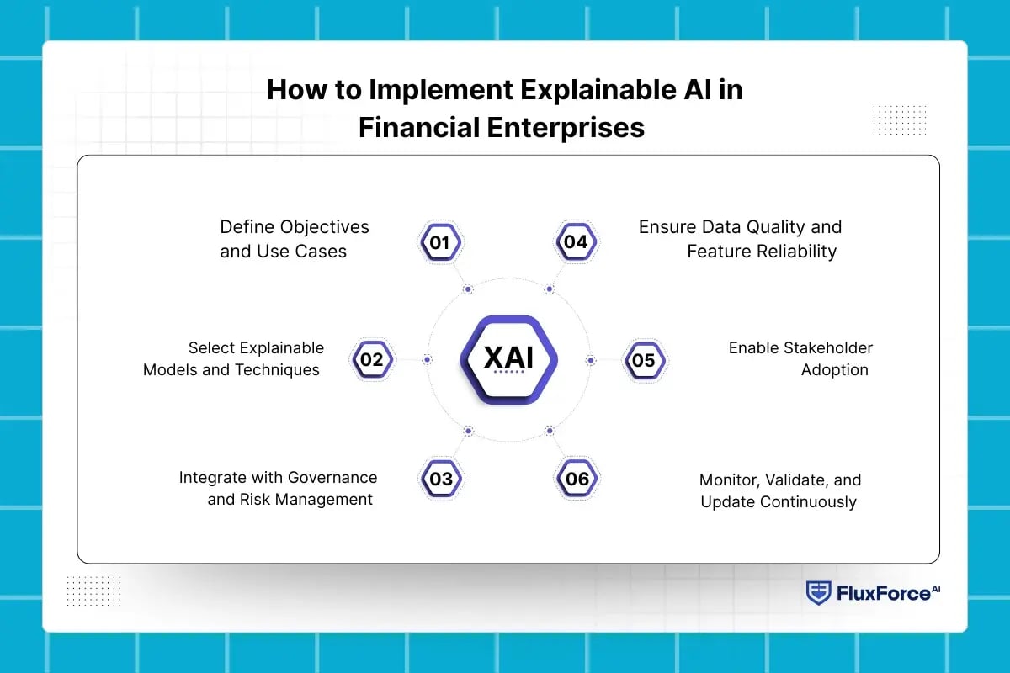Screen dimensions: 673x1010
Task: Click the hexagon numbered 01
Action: tap(441, 243)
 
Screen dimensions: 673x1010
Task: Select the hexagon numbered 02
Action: tap(371, 360)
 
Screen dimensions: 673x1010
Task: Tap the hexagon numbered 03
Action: tap(441, 480)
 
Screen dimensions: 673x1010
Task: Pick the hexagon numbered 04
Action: tap(576, 242)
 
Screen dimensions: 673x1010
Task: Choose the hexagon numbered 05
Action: tap(644, 361)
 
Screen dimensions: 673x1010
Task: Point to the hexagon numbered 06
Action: tap(577, 480)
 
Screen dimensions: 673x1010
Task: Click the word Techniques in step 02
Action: tap(279, 370)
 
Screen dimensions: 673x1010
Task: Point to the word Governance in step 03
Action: tap(332, 478)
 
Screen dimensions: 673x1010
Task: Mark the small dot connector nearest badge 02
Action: tap(427, 360)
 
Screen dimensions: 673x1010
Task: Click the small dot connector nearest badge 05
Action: tap(590, 360)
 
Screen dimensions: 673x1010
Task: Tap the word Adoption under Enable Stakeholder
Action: tap(834, 370)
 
